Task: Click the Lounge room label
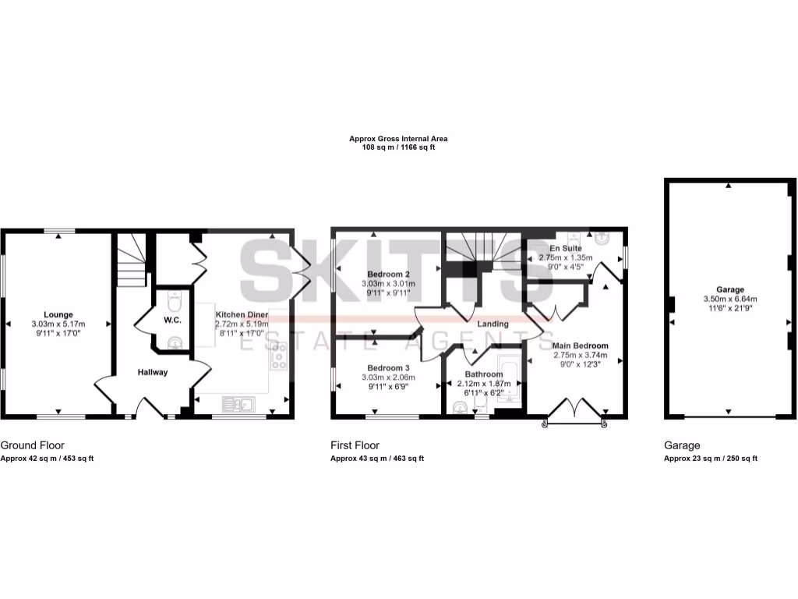tap(58, 314)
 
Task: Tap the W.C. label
tap(172, 320)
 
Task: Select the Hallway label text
tap(153, 372)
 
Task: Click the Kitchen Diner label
tap(242, 314)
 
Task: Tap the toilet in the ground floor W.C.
tap(175, 299)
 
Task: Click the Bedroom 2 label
tap(388, 274)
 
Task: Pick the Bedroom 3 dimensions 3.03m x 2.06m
tap(388, 377)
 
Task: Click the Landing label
tap(493, 324)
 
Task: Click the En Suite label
tap(565, 248)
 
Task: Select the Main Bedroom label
tap(580, 345)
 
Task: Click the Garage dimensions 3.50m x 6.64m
tap(730, 299)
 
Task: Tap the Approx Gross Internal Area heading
tap(397, 139)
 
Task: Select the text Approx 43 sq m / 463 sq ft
tap(377, 459)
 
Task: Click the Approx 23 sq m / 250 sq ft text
tap(710, 459)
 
